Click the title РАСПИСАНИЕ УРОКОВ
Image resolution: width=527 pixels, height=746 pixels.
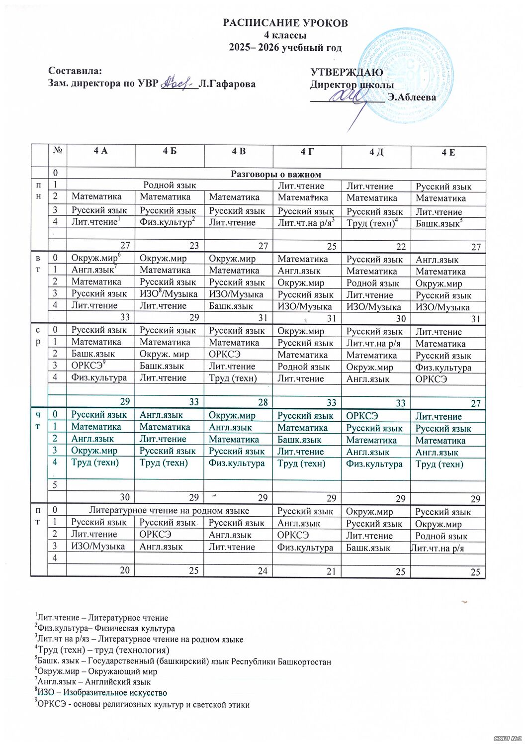coord(285,23)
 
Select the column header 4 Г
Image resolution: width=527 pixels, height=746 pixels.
coord(307,151)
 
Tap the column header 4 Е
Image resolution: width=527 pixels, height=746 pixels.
coord(448,152)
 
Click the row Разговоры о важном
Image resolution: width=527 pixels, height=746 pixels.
coord(275,174)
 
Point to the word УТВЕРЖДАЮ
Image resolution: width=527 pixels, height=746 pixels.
coord(347,73)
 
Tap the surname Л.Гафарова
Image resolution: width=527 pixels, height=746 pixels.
coord(227,84)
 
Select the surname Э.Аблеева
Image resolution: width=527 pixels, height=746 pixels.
coord(412,97)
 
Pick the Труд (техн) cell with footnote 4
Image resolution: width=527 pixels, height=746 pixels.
coord(370,223)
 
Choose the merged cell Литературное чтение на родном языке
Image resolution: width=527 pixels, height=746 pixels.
coord(169,510)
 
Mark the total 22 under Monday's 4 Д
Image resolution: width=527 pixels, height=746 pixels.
coord(401,247)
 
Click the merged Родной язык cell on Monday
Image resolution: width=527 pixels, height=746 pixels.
coord(169,186)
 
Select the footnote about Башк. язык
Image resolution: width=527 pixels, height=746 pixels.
coord(182,662)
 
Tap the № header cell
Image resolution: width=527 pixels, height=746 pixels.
coord(57,151)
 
